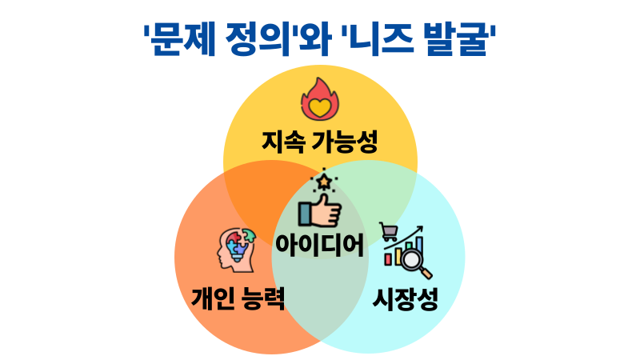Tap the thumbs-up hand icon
point(320,213)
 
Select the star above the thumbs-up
point(324,182)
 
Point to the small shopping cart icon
point(390,232)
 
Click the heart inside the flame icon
point(320,105)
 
